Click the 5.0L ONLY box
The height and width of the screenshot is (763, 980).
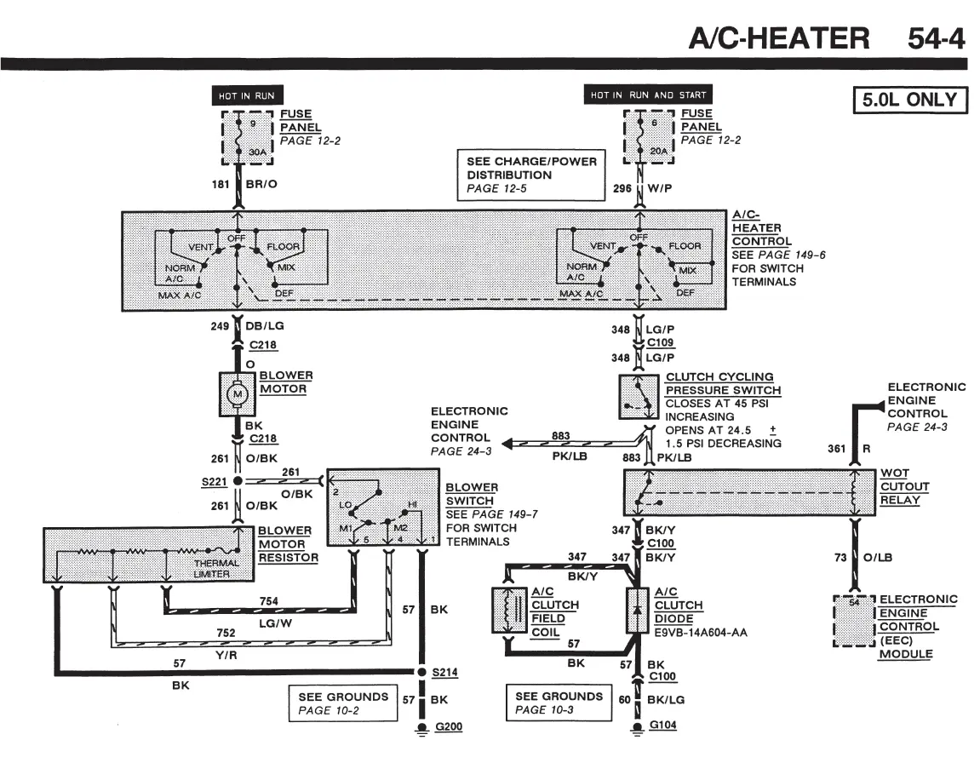[910, 100]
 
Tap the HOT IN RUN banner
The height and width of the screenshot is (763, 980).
[247, 95]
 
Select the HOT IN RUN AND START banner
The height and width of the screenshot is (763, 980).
[648, 95]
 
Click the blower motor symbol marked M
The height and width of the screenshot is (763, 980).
[237, 394]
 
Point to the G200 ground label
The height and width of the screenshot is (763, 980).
[449, 726]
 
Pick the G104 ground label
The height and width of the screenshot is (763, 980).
[662, 725]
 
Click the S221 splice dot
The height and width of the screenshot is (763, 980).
[238, 480]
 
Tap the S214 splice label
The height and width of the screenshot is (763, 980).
[445, 673]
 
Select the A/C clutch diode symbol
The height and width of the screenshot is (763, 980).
[637, 611]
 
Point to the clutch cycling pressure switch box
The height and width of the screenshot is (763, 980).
[638, 397]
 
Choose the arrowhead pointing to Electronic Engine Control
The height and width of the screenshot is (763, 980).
[507, 444]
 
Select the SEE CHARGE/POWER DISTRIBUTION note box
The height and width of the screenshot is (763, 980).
[531, 175]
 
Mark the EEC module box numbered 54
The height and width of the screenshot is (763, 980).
[854, 621]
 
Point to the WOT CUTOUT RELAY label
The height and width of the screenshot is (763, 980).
[904, 487]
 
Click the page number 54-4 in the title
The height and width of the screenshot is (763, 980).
[937, 38]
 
